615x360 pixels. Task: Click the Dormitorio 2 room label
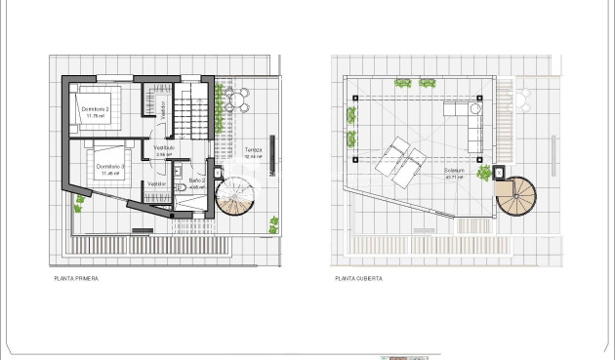pos(94,109)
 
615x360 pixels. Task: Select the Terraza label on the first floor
pos(253,149)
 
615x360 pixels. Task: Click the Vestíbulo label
pos(164,147)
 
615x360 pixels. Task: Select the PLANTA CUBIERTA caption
pos(358,278)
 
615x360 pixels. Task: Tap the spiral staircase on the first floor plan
pos(234,196)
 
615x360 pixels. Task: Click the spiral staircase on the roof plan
pos(515,198)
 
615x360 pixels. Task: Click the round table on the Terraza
pos(234,99)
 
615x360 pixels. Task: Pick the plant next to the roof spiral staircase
pos(484,174)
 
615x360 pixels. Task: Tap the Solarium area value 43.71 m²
pos(454,178)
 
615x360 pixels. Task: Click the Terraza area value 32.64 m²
pos(253,156)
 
